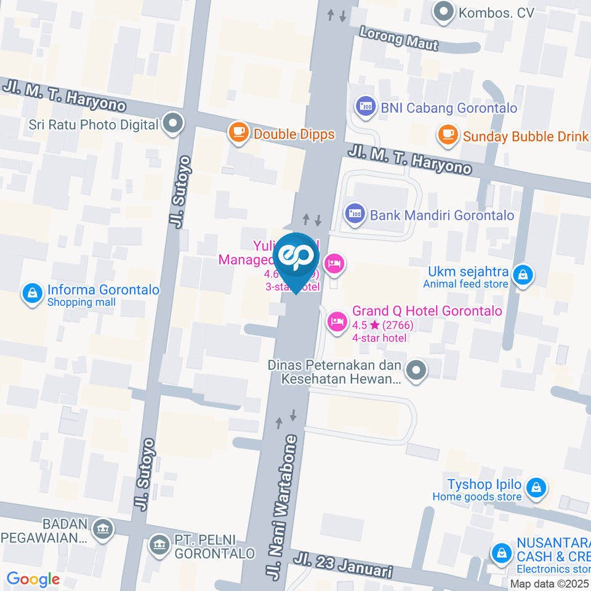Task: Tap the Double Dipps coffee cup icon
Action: point(238,132)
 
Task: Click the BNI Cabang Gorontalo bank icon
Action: point(365,107)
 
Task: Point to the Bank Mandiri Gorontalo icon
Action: point(354,214)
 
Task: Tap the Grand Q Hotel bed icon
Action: point(336,321)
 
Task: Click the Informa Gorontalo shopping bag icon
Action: point(31,294)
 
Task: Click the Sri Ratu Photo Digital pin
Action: point(173,124)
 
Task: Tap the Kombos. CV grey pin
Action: point(443,12)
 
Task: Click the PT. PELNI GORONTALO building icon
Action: point(159,544)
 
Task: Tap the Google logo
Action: point(33,579)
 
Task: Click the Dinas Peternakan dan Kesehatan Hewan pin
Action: point(417,371)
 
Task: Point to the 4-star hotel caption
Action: point(379,337)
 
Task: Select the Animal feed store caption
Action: point(465,284)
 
